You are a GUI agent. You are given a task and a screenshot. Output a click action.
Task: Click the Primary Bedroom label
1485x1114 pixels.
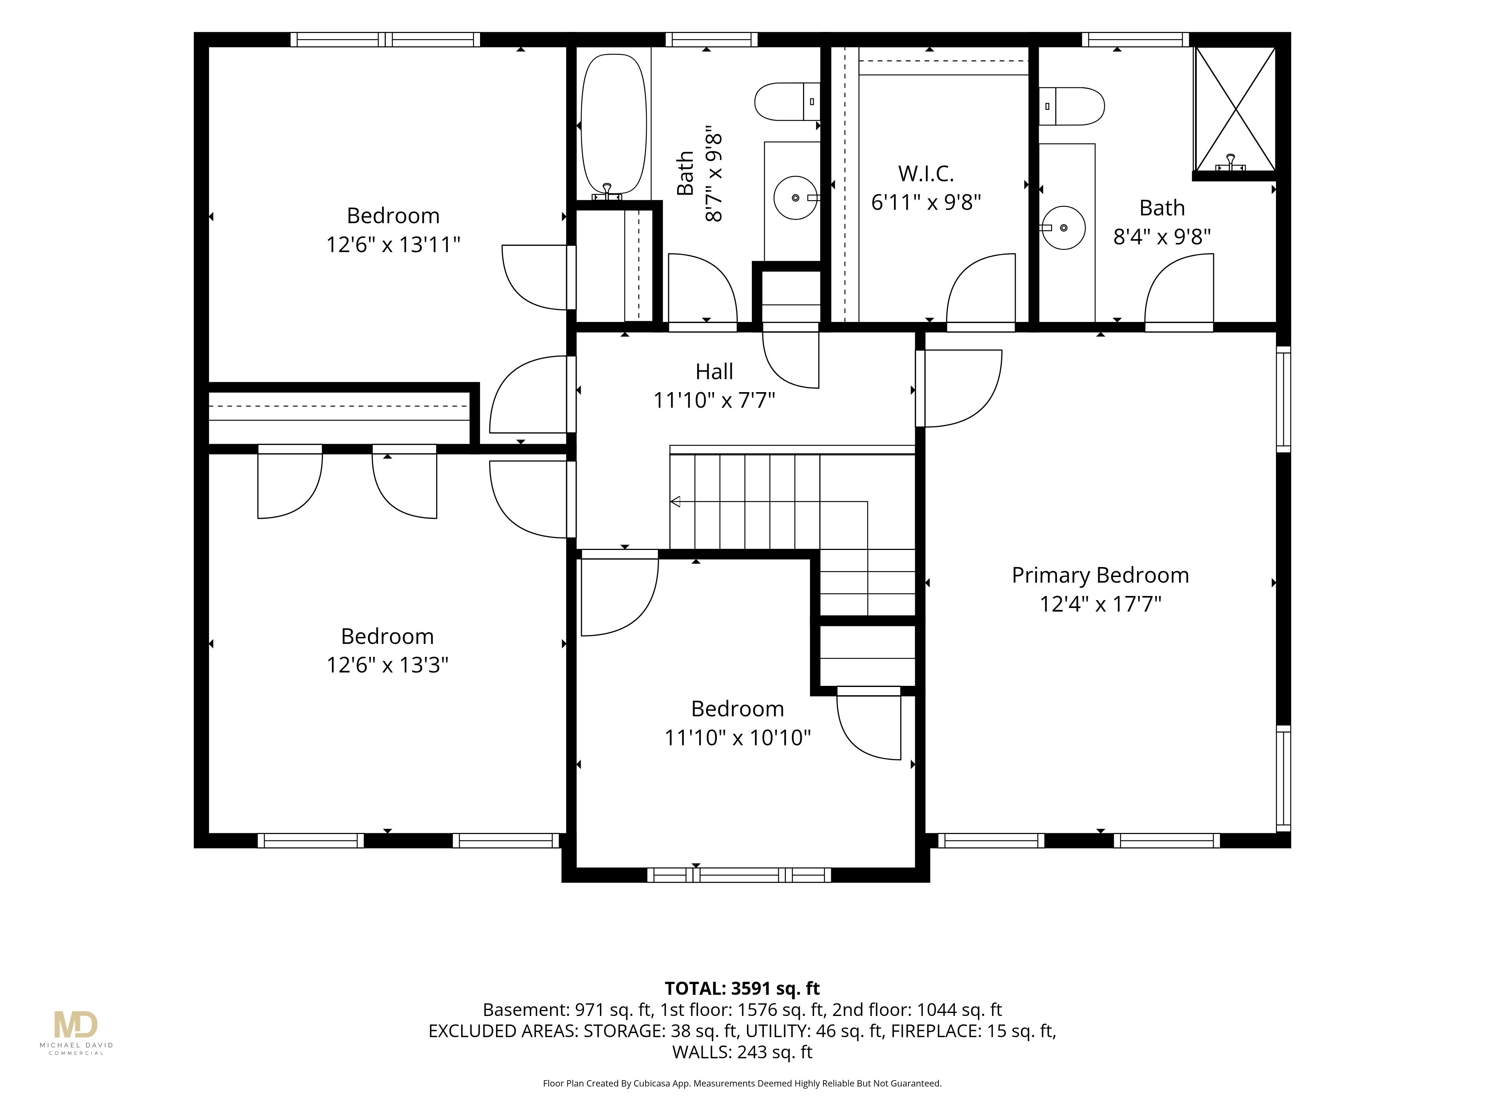1100,576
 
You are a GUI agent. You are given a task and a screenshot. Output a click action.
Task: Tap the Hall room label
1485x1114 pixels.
714,371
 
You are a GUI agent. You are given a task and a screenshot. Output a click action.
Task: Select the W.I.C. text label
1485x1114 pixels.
926,174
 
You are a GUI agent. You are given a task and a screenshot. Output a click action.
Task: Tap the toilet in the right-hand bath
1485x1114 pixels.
1071,106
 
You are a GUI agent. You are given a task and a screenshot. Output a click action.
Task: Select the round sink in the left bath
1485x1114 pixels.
796,198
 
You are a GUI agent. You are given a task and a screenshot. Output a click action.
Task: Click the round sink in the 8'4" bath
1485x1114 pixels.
1063,228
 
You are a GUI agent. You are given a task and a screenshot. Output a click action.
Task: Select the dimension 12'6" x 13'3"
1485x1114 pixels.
387,665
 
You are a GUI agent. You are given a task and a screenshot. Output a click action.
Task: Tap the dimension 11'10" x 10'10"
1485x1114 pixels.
738,737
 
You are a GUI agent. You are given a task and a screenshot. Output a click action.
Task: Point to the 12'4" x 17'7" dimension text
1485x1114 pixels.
1100,604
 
